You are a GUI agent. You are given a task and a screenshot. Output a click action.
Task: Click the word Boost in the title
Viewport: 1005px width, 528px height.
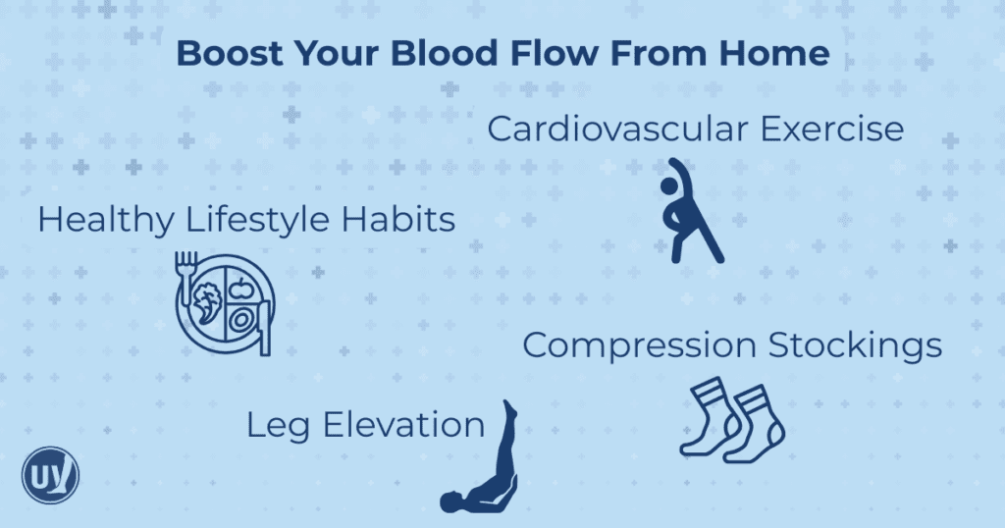pyautogui.click(x=224, y=54)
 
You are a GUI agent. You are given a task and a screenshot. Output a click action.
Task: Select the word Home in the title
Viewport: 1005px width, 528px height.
pyautogui.click(x=776, y=54)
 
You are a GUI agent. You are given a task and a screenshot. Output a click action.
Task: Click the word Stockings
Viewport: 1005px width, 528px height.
pyautogui.click(x=855, y=346)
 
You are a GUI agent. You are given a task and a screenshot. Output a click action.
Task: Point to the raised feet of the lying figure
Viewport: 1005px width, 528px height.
pyautogui.click(x=509, y=410)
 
